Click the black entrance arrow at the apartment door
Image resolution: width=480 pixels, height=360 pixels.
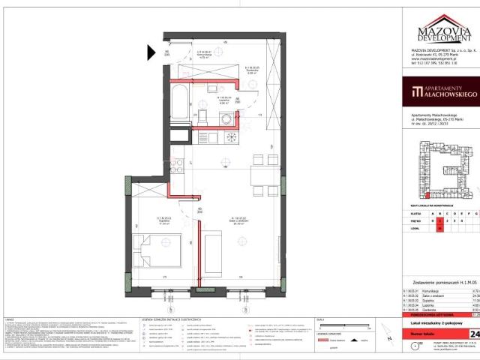[x=149, y=52]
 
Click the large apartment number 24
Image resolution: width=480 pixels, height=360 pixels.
[x=473, y=333]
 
